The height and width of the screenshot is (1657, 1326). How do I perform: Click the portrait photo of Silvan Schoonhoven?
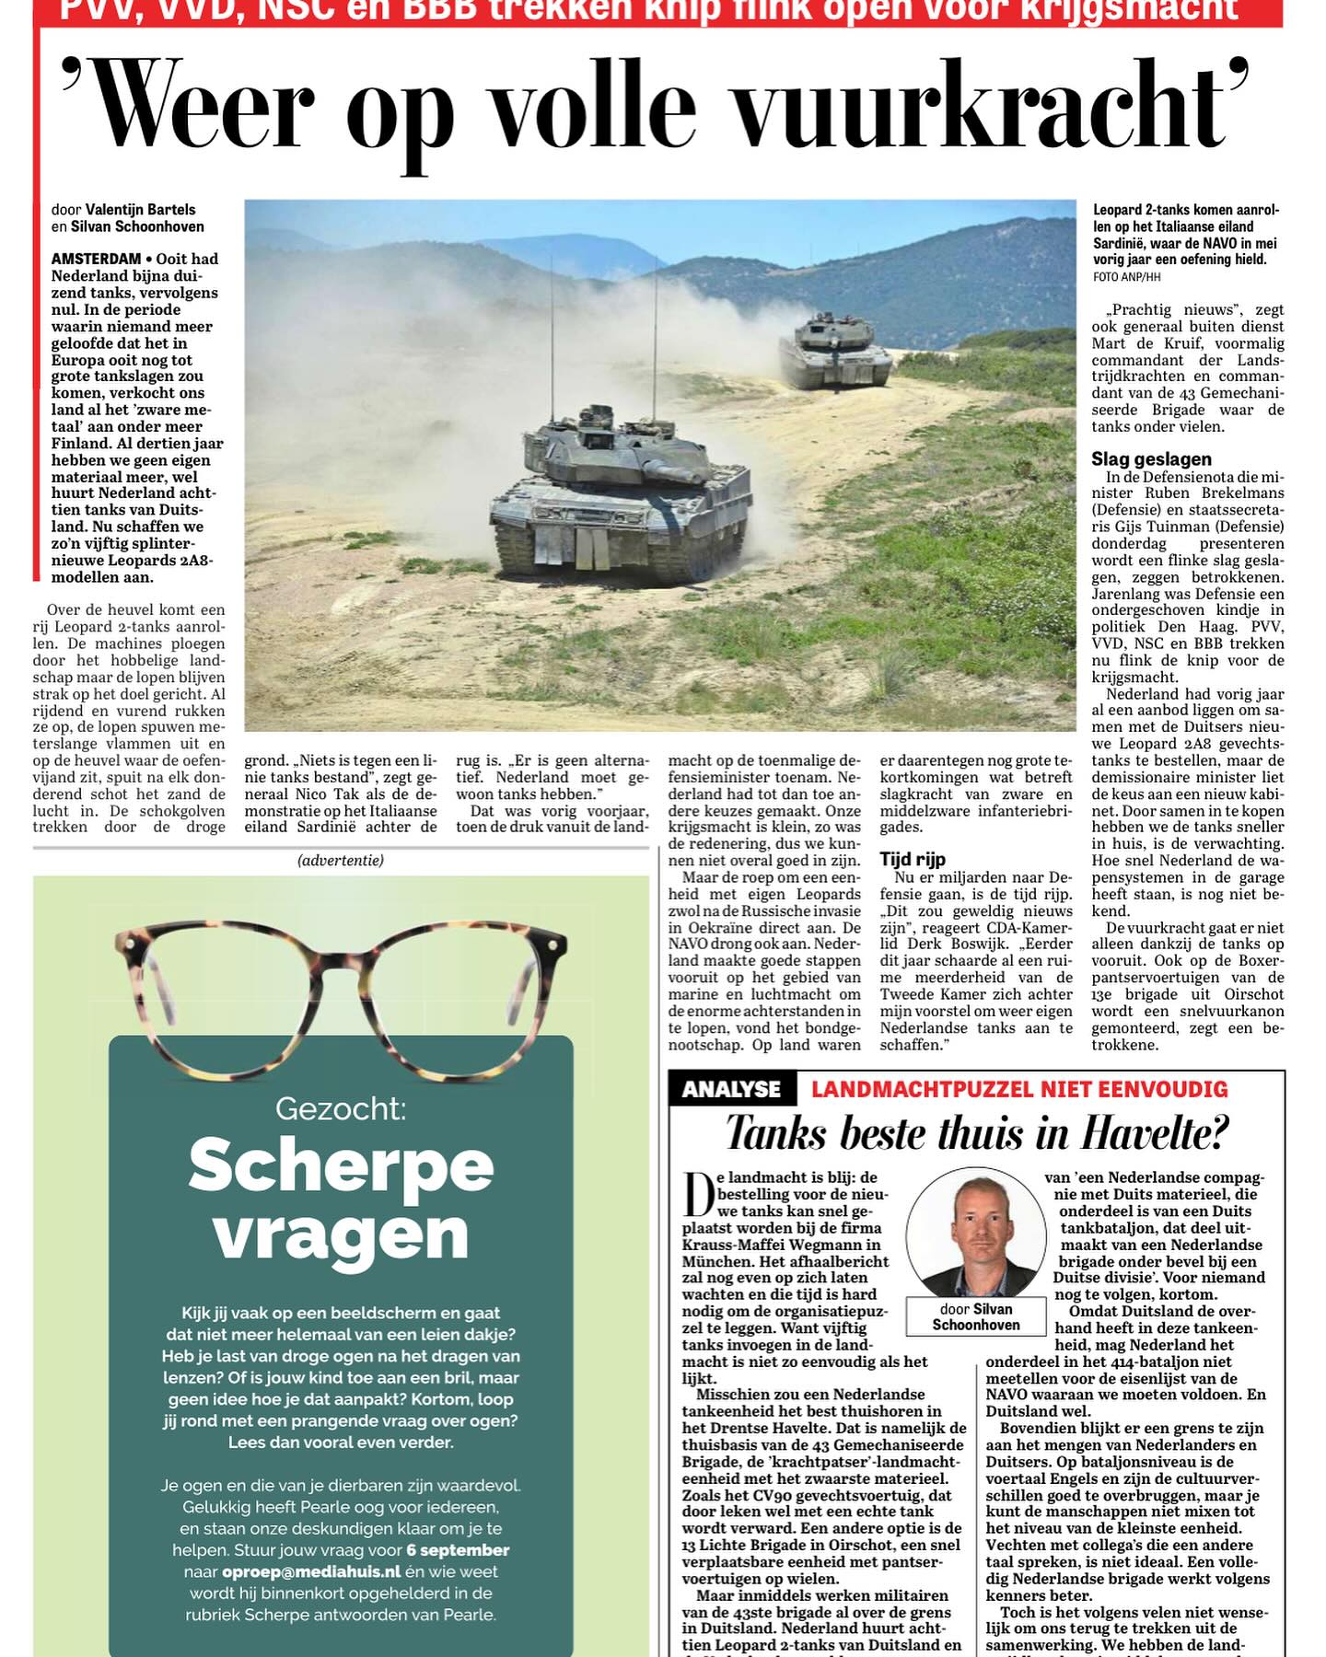(975, 1235)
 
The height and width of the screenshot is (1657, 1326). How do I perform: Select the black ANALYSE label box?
(732, 1090)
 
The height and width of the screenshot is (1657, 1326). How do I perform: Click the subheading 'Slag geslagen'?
(1151, 458)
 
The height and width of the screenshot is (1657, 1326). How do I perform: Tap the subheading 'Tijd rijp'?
(912, 860)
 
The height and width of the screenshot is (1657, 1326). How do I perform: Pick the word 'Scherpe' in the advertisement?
(341, 1165)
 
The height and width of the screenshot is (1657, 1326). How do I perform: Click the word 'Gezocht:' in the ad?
(341, 1108)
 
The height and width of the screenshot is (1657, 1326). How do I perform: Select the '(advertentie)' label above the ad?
(341, 861)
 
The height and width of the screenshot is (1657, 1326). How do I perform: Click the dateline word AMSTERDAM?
(96, 260)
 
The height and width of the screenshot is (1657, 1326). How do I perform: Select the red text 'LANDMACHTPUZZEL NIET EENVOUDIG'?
(1019, 1090)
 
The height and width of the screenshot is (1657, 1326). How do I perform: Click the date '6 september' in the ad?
(458, 1550)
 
